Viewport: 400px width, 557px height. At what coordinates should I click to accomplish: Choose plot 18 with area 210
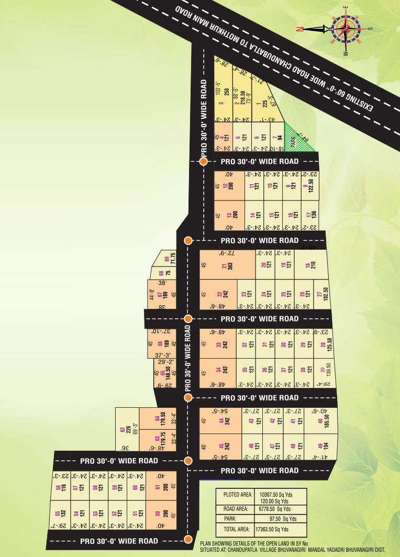(x=310, y=265)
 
